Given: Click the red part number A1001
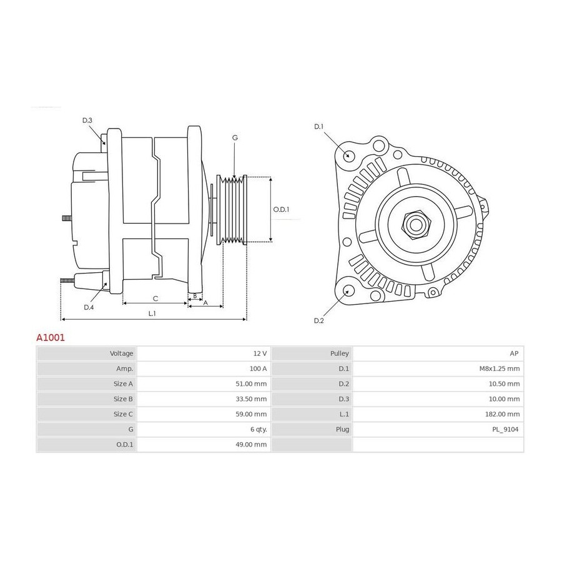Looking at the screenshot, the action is coord(51,338).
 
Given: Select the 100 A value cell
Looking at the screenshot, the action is coord(258,368).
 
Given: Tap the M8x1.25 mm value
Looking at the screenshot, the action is coord(500,368).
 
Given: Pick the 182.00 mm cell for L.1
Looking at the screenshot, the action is coord(502,414).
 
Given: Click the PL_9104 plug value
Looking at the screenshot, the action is coord(505,430).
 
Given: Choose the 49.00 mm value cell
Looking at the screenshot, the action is coord(251,445).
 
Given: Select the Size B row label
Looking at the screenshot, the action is coord(123,399).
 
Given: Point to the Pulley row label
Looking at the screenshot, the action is coord(340,353).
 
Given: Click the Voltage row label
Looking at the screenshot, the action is coord(122,353).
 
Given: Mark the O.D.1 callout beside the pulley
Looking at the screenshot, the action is coord(281,209).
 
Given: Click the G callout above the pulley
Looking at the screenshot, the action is coord(235,137).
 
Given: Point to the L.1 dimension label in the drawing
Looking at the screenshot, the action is coord(152,313).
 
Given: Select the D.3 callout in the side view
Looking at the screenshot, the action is coord(87,121).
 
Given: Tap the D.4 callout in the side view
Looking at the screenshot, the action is coord(89,307).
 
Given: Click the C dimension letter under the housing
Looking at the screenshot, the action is coord(155,298).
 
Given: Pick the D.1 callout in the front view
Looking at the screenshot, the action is coord(318,127).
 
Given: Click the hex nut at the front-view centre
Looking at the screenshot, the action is coord(416,225).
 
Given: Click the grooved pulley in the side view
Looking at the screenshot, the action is coord(232,210).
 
